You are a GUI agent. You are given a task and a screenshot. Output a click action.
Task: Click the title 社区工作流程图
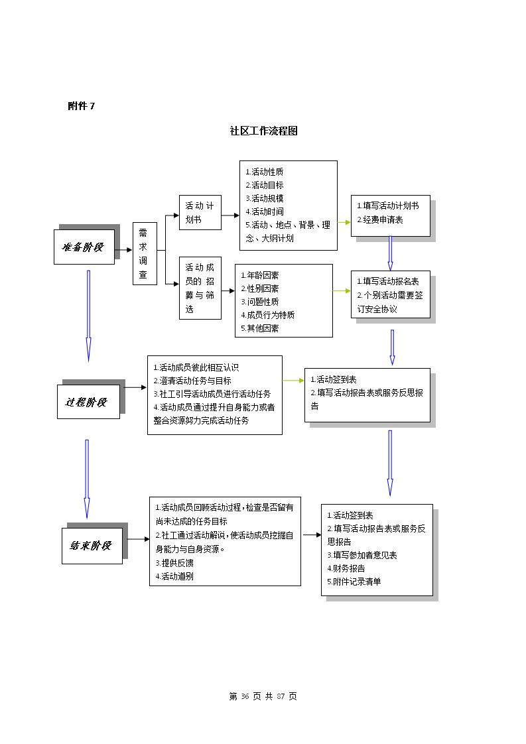(263, 131)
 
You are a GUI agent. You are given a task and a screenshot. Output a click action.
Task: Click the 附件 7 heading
(81, 106)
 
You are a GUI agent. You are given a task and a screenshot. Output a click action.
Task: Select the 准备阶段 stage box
(84, 247)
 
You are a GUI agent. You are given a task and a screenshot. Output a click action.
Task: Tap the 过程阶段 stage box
(88, 401)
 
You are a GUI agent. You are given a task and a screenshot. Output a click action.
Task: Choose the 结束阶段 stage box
(92, 546)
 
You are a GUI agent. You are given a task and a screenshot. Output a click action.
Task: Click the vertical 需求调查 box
(145, 254)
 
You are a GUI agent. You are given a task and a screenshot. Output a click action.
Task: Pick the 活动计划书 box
(200, 213)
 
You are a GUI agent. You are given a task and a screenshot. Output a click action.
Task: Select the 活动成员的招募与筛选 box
(200, 288)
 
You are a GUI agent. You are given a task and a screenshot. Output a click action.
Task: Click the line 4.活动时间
(265, 212)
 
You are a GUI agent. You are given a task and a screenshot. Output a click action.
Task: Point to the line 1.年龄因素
(259, 275)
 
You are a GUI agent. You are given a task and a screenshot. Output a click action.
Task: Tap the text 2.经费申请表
(380, 219)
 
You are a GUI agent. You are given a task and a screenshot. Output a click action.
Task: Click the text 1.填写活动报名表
(388, 281)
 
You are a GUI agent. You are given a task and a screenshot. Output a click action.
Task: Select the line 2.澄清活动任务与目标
(192, 381)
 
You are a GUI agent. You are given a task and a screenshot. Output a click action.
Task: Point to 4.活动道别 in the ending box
(174, 576)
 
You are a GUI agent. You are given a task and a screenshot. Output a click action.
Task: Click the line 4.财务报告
(346, 568)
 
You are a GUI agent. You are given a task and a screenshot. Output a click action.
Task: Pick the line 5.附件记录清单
(354, 582)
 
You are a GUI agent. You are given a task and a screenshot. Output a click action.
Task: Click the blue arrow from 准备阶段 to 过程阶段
(88, 316)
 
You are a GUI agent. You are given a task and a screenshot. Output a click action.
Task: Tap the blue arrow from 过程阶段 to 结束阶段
(87, 479)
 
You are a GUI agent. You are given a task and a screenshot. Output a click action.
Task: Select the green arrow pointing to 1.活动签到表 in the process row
(293, 381)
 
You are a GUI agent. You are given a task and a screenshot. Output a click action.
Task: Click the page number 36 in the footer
(245, 696)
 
